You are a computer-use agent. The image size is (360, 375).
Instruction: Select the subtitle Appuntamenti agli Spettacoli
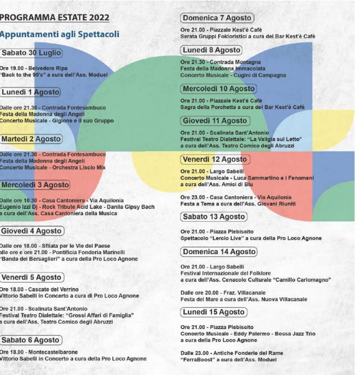59,35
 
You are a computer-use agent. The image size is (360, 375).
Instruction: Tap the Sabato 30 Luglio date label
31,53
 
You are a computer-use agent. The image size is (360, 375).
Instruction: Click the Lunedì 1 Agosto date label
30,92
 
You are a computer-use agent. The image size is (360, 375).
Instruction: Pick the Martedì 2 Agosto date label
31,139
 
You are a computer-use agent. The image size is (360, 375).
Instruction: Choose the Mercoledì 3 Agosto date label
35,185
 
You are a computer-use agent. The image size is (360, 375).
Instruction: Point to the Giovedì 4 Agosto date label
32,231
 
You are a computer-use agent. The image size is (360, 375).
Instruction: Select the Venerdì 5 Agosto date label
31,277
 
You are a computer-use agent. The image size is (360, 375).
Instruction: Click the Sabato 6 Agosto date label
30,340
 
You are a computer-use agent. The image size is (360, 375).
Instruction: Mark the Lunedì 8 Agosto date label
212,50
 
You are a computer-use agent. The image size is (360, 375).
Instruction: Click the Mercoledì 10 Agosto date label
219,88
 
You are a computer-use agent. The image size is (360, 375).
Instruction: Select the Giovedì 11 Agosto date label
215,121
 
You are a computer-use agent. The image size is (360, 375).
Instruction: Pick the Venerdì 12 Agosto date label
214,160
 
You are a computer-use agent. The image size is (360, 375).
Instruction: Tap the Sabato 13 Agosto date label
214,217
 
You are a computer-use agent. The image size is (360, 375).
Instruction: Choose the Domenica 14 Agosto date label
219,252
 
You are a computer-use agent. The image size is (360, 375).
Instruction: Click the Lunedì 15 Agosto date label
214,312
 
